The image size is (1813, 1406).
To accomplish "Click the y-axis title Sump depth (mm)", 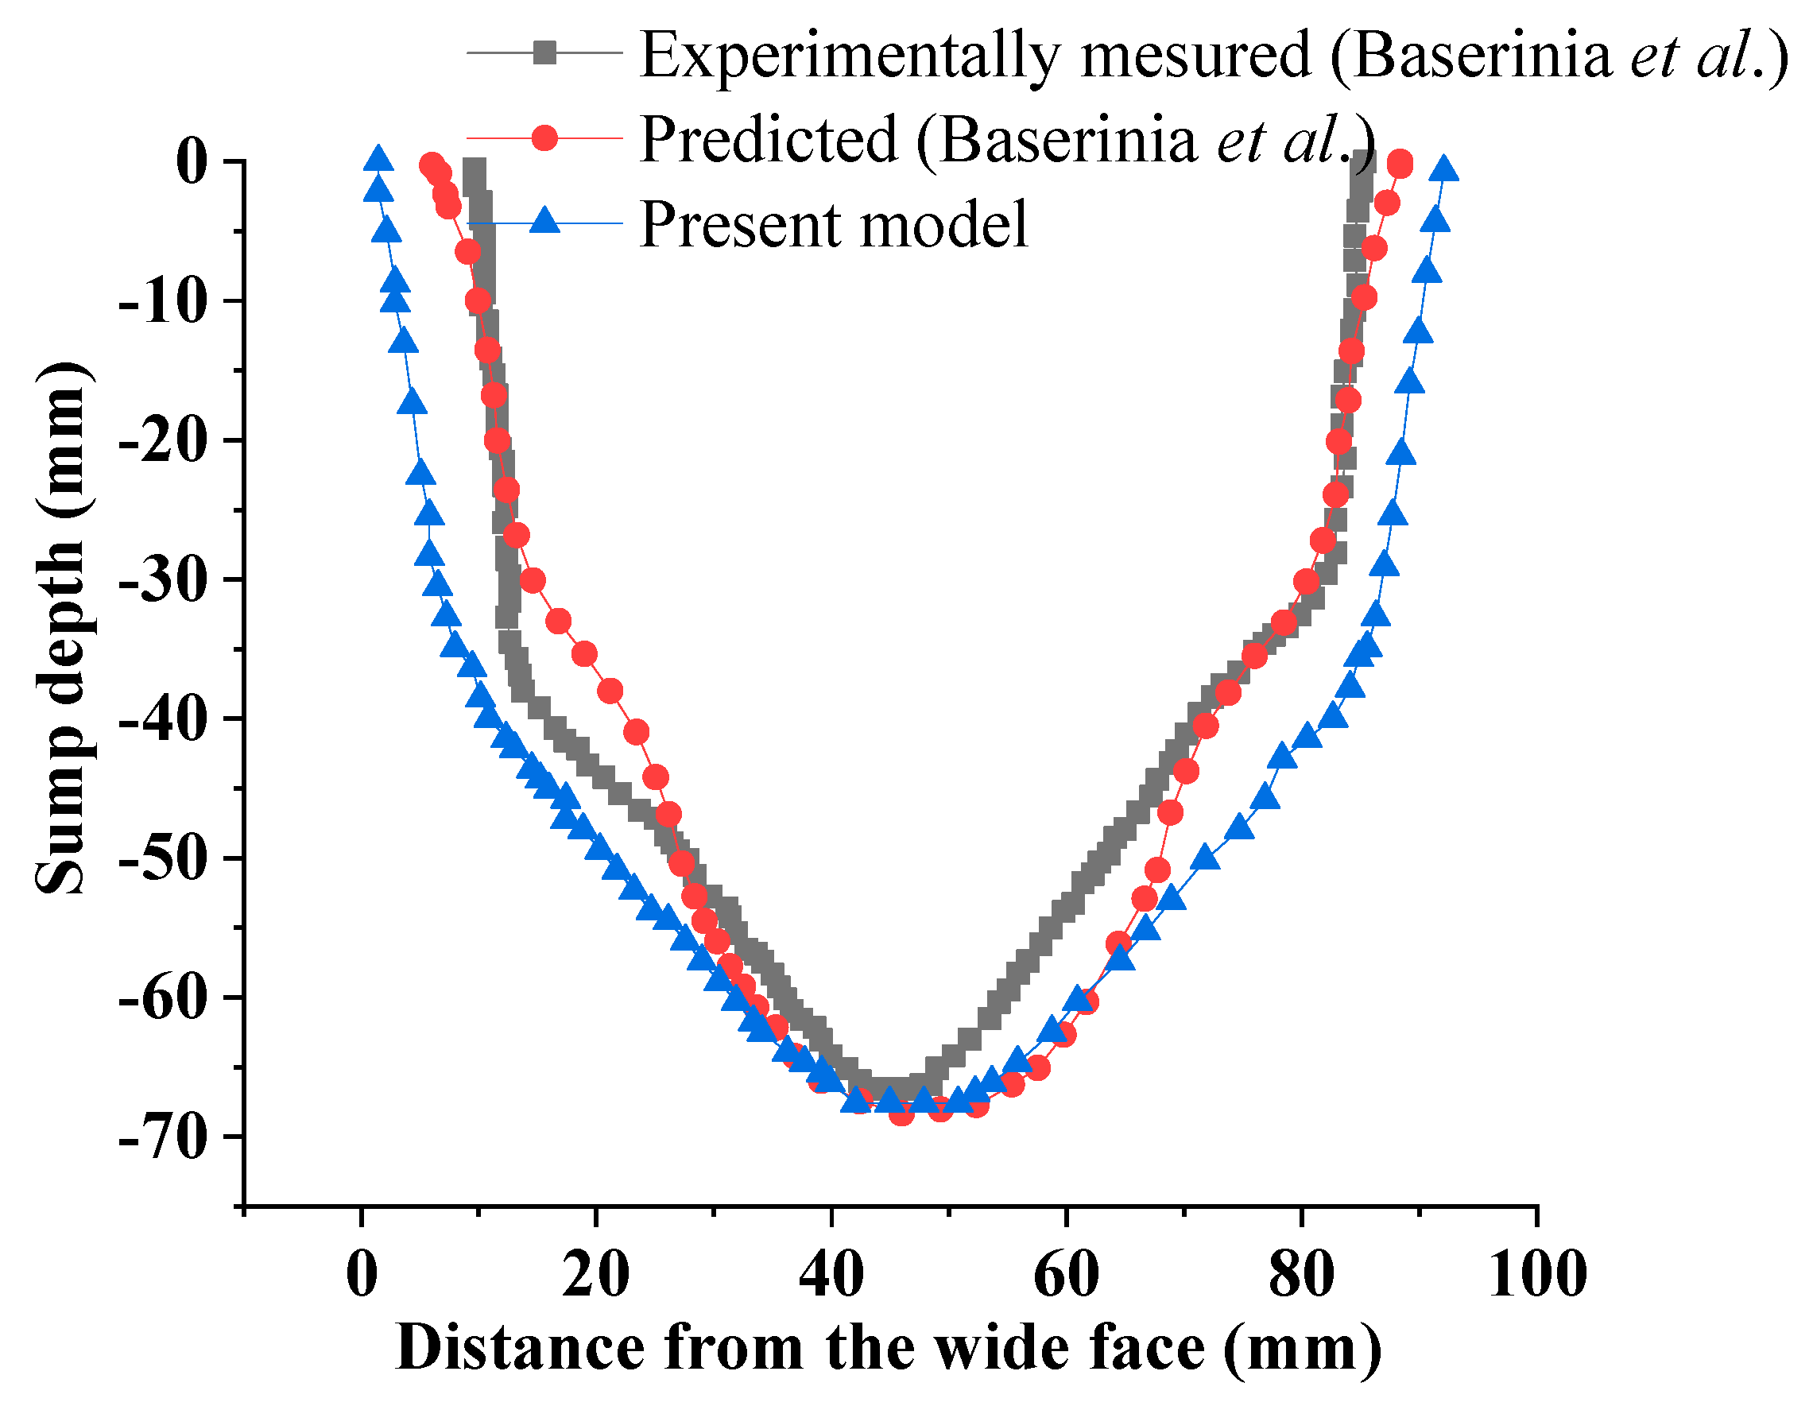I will (x=61, y=629).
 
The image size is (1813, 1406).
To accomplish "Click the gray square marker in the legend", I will (x=544, y=52).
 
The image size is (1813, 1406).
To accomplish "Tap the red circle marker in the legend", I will (x=544, y=137).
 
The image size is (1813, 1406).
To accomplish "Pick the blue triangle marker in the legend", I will (x=544, y=221).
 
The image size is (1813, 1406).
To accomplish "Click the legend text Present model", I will (x=834, y=224).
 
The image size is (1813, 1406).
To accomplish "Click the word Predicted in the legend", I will (x=769, y=139).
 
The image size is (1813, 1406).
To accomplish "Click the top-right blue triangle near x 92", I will (x=1445, y=168).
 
